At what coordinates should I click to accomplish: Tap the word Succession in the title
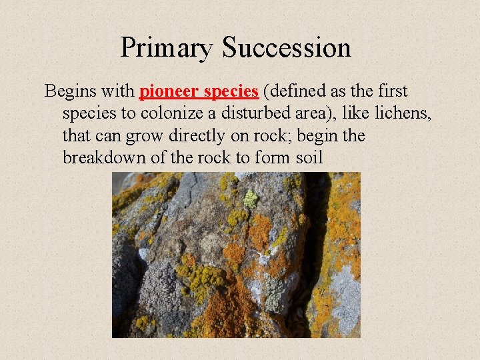click(287, 48)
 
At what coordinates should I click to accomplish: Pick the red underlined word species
click(231, 91)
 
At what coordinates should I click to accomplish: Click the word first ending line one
click(391, 91)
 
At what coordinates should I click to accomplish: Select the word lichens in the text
click(402, 113)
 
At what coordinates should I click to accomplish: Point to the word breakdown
click(107, 158)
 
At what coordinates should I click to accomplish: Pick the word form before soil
click(274, 158)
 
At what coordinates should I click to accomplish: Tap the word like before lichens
click(357, 113)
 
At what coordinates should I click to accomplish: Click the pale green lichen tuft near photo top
click(250, 198)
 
